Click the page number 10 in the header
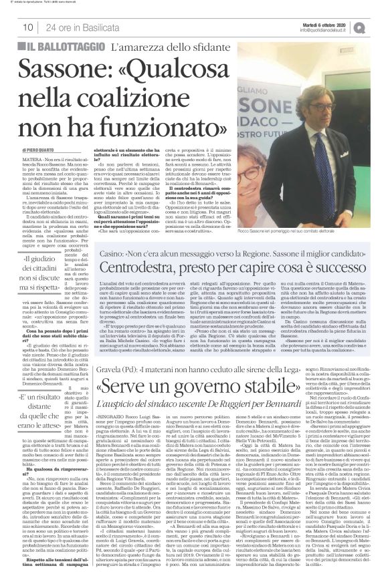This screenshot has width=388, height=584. [28, 27]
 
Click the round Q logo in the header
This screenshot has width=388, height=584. [379, 26]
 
